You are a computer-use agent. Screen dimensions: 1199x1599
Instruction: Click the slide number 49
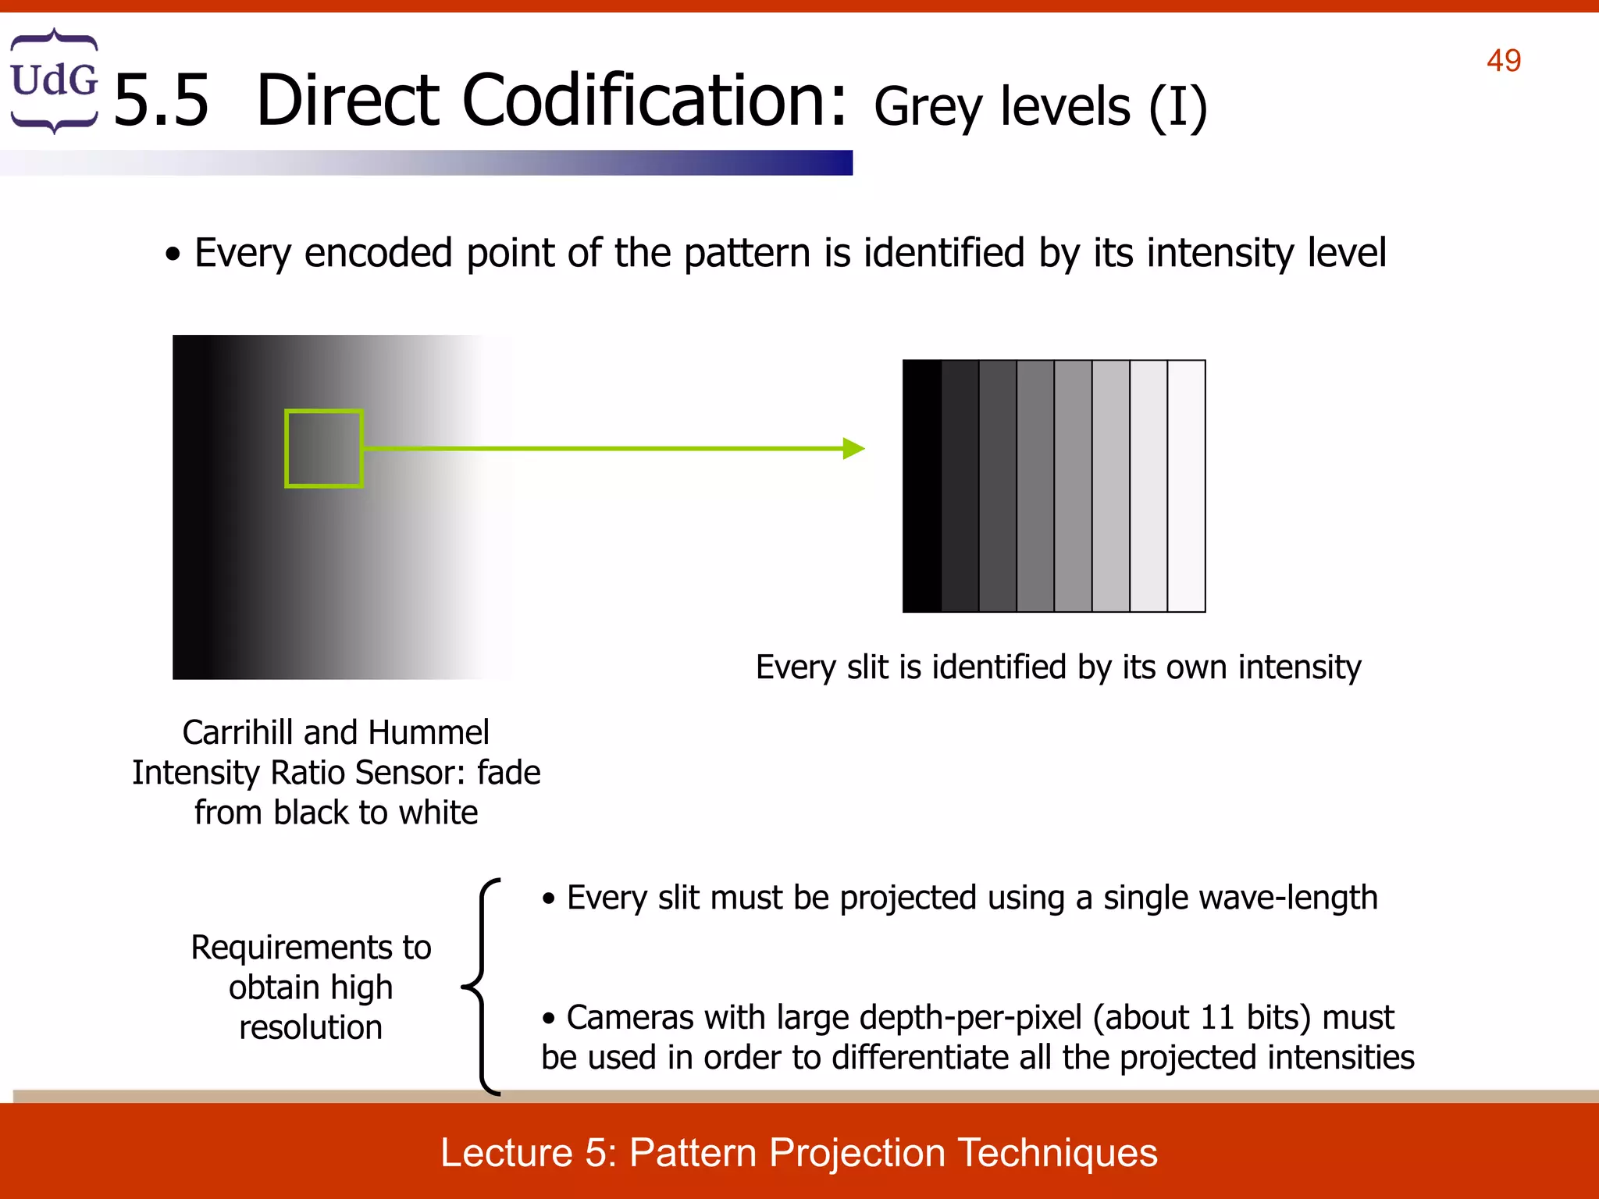click(x=1503, y=61)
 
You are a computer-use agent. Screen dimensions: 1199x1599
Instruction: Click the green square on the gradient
click(x=324, y=448)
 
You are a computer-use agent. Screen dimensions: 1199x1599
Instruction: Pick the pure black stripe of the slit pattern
click(x=922, y=486)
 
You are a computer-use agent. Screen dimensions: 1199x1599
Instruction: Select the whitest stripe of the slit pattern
click(x=1186, y=486)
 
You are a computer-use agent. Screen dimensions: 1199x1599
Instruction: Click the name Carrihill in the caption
click(x=238, y=733)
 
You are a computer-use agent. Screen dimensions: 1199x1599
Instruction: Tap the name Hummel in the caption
click(x=429, y=733)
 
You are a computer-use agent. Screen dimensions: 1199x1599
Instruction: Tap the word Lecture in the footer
click(x=507, y=1153)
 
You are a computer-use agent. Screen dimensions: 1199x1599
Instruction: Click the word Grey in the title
click(x=927, y=107)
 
